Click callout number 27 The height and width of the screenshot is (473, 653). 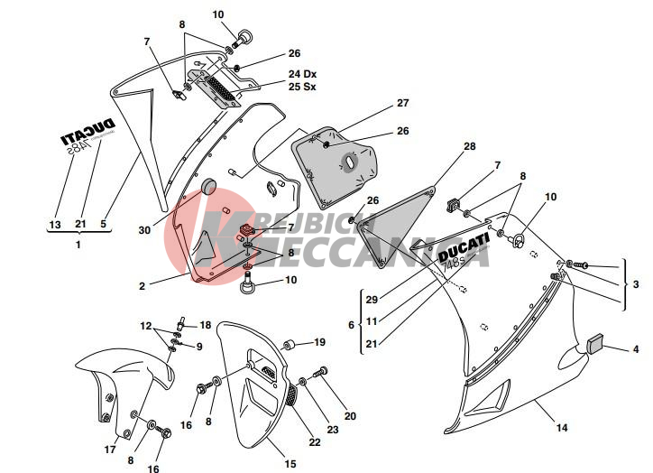(x=402, y=103)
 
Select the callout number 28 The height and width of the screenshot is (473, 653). (x=469, y=146)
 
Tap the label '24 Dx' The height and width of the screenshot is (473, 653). (x=303, y=74)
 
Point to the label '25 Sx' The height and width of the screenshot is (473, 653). (x=303, y=87)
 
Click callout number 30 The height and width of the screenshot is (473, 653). (x=143, y=230)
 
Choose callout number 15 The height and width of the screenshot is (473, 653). (x=290, y=464)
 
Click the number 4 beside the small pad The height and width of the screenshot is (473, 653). (x=635, y=349)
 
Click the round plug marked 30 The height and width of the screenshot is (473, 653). (x=210, y=187)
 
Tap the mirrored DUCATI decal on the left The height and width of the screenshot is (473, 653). (x=87, y=133)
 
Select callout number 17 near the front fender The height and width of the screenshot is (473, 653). (x=110, y=449)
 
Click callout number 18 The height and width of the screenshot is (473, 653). (x=205, y=325)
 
